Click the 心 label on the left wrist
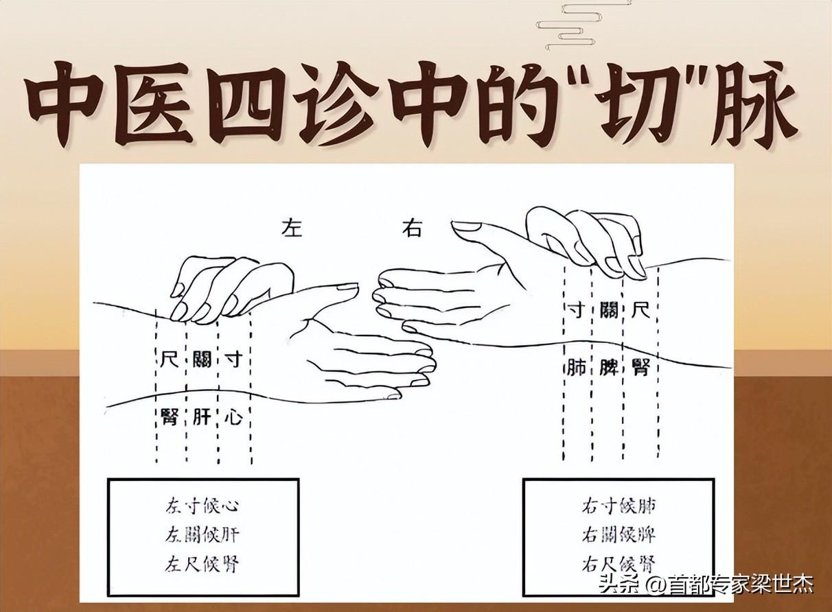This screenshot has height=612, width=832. tap(233, 416)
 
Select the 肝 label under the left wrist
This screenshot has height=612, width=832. tap(202, 416)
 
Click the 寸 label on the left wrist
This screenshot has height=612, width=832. tap(233, 359)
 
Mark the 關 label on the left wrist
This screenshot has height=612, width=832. tap(202, 359)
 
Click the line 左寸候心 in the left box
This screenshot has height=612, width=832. tap(202, 506)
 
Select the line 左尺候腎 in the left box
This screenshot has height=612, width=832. tap(202, 563)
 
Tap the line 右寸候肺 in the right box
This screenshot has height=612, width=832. tap(619, 506)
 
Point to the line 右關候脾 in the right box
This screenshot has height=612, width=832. tap(619, 534)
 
